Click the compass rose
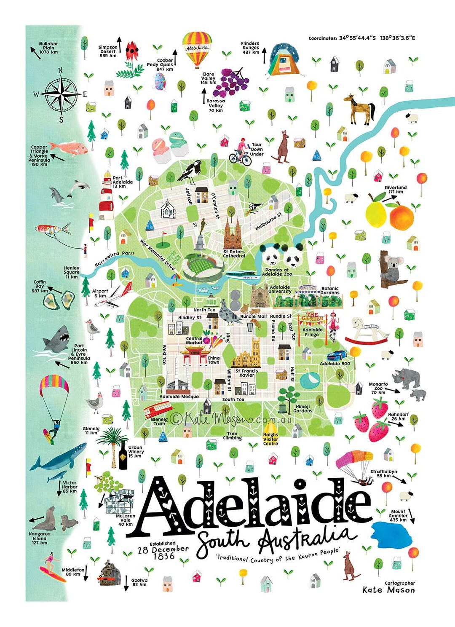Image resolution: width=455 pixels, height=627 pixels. (x=62, y=94)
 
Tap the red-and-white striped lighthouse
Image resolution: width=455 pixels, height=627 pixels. (x=107, y=196)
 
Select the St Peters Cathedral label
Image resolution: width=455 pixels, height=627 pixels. (x=234, y=254)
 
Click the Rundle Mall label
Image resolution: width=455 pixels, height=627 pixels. (x=253, y=316)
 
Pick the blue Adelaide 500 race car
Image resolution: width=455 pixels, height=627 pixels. (x=337, y=355)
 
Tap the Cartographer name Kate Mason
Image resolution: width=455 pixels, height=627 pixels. (x=388, y=590)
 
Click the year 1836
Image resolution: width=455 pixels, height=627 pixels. (x=164, y=556)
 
